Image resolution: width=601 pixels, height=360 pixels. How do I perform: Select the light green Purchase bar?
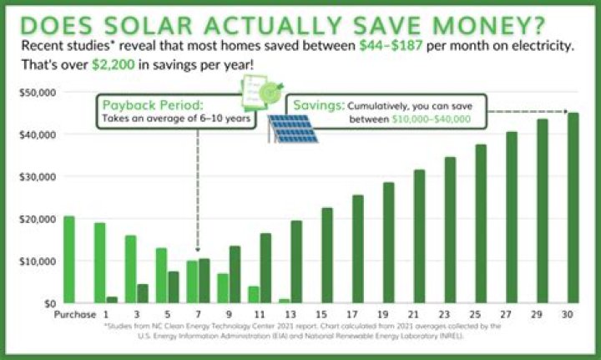[69, 259]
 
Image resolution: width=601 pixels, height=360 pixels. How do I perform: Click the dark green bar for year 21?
[420, 236]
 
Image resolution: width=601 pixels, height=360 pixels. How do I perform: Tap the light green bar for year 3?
[130, 268]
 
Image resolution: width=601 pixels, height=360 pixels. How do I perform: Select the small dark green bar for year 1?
[112, 299]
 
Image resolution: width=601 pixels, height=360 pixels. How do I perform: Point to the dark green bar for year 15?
[327, 255]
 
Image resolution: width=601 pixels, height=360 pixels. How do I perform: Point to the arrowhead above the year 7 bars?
[199, 248]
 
